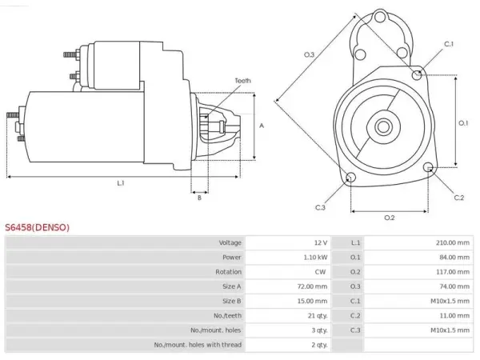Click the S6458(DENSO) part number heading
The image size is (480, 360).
[38, 227]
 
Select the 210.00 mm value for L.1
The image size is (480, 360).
[453, 242]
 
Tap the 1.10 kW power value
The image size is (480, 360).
[315, 258]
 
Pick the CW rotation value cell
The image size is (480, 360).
[320, 272]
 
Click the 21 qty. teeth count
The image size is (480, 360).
[318, 316]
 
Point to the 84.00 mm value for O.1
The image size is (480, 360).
[454, 258]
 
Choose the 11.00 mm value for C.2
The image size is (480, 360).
[454, 316]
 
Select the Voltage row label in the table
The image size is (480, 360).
[230, 242]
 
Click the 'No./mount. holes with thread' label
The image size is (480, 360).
[198, 345]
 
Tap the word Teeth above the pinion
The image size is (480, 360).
[242, 81]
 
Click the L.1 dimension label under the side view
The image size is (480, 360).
[121, 183]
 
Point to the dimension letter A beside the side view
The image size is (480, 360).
[262, 126]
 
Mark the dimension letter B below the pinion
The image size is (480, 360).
[199, 198]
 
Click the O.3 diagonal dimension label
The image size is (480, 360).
[309, 54]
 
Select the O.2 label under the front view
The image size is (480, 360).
[390, 218]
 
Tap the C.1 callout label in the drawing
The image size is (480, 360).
[449, 44]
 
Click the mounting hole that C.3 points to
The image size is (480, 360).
[350, 177]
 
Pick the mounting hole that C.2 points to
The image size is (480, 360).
[428, 167]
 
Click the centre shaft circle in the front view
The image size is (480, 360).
[383, 126]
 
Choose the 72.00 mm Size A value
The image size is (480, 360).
[312, 286]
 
